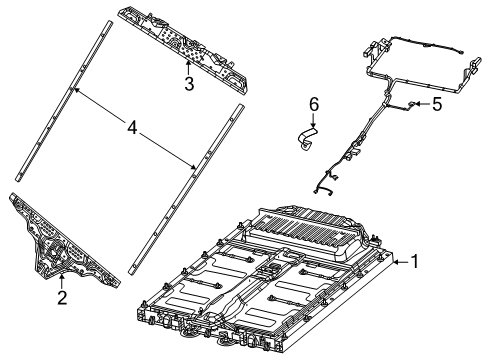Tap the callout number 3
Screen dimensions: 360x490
click(188, 83)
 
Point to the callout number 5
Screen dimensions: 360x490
click(436, 104)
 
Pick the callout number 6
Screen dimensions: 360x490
click(313, 103)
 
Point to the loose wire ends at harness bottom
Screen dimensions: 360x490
click(323, 188)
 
